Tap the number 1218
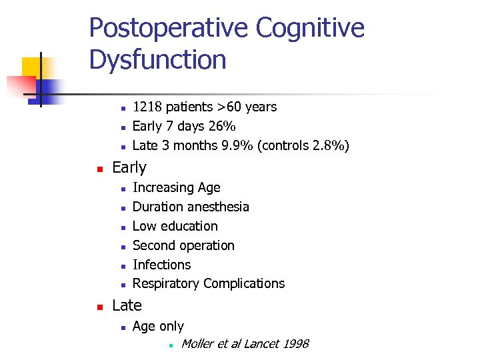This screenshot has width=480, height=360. (147, 107)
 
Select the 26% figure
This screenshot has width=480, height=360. (222, 126)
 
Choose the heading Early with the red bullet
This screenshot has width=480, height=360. (129, 167)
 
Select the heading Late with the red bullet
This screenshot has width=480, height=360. (127, 305)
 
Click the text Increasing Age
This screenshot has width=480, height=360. (177, 188)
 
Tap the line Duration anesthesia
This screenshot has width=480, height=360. (191, 207)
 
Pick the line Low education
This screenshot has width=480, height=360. (175, 226)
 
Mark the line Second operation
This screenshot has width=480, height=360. (183, 245)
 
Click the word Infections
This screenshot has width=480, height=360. (162, 265)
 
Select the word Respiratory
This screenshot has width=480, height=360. (166, 283)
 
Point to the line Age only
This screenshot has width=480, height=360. (158, 326)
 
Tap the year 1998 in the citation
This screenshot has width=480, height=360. (295, 344)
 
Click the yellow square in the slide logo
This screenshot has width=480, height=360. (32, 67)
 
